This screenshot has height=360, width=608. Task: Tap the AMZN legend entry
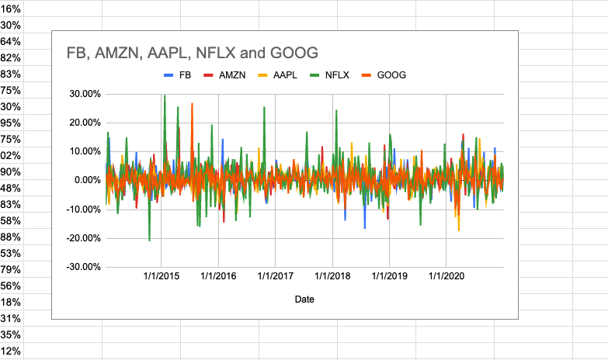pyautogui.click(x=226, y=75)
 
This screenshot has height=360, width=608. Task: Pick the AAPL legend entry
pyautogui.click(x=280, y=75)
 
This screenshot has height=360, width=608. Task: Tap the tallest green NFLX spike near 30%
pyautogui.click(x=165, y=96)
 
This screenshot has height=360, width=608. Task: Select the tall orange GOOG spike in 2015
pyautogui.click(x=192, y=104)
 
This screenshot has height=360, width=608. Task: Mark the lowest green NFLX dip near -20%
pyautogui.click(x=149, y=239)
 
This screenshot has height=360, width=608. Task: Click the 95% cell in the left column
pyautogui.click(x=11, y=123)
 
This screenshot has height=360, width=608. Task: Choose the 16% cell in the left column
pyautogui.click(x=11, y=9)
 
